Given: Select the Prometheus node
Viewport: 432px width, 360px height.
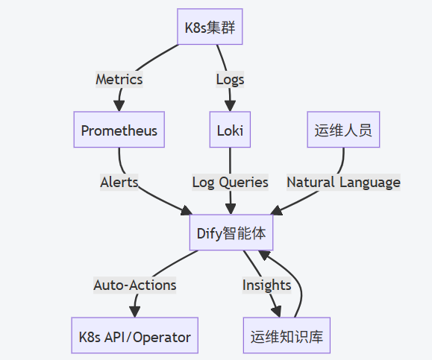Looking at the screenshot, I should pos(119,131).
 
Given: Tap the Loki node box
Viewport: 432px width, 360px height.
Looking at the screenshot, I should pos(230,131).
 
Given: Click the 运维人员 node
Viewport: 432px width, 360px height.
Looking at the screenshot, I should pos(343,131).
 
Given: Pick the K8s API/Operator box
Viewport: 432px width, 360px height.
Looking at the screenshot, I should pos(134,337).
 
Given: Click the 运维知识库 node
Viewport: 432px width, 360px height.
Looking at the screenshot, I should pos(287,337).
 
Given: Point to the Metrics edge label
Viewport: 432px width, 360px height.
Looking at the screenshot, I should pos(119,79).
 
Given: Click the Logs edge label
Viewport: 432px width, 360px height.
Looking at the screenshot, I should pos(230,79).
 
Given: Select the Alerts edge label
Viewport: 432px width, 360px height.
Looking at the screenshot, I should pos(119,182).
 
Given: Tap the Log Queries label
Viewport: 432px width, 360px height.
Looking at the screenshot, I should pos(230,182).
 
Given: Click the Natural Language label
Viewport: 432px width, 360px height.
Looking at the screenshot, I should pos(343,182).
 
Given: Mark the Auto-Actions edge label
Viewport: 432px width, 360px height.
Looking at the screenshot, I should pos(135,285).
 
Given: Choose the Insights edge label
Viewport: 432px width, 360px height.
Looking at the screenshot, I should pos(266,285).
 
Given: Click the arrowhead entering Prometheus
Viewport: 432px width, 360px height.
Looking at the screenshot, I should pos(119,106).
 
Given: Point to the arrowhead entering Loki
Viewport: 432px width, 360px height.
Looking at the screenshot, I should pos(230,106).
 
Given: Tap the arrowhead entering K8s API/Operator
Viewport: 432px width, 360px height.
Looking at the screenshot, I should pos(135,312).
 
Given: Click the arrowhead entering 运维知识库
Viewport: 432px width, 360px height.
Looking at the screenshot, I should pos(278,312).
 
